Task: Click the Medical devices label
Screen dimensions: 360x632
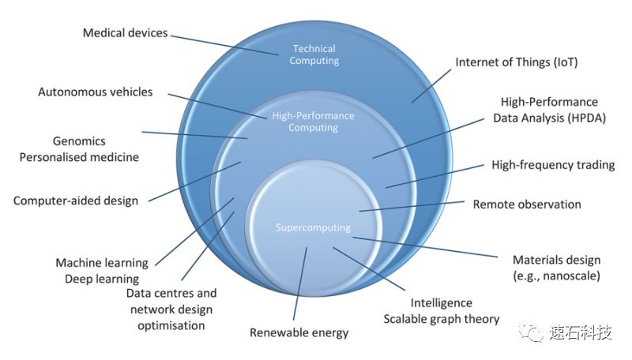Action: (x=126, y=33)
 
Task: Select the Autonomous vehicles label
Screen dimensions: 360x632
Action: (x=96, y=92)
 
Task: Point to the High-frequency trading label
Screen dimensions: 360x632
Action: (x=542, y=165)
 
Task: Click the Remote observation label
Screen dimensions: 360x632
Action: (x=527, y=204)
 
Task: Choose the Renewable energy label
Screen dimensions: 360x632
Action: (x=299, y=332)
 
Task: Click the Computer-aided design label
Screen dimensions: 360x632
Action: (x=76, y=200)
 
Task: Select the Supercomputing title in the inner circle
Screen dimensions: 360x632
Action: (x=314, y=228)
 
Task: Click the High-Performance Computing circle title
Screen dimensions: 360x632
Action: (x=314, y=122)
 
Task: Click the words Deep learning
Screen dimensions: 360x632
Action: (x=102, y=279)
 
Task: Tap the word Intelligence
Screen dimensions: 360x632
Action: (x=441, y=303)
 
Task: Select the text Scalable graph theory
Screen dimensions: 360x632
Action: (x=442, y=319)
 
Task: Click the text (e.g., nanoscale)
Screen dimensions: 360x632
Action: (x=556, y=276)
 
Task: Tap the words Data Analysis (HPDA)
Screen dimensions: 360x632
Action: (x=545, y=118)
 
